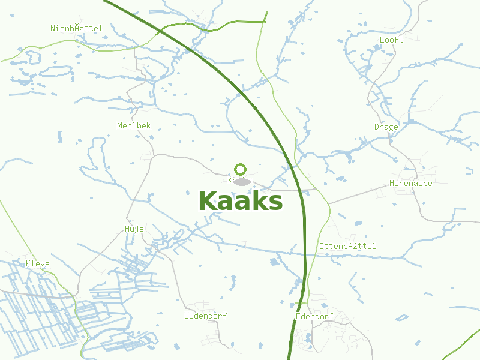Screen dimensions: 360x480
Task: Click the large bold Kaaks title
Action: tap(240, 202)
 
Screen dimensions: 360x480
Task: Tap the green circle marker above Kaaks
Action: tap(240, 169)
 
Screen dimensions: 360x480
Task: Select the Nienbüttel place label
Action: tap(77, 28)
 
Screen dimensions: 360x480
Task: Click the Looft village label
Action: tap(391, 40)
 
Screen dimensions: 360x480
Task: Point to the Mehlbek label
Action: tap(134, 126)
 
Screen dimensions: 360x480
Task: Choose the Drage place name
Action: tap(386, 127)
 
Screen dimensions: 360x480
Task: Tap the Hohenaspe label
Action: tap(410, 184)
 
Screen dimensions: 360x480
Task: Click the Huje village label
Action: tap(134, 229)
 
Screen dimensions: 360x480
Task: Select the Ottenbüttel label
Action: tap(347, 247)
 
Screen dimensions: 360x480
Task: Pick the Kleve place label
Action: tap(37, 264)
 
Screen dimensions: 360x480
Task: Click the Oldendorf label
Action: tap(205, 316)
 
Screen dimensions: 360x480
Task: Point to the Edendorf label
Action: tap(314, 316)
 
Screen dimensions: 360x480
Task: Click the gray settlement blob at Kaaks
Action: tap(241, 182)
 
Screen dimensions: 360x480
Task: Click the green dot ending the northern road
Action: tap(265, 22)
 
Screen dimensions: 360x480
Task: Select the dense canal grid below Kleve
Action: tap(42, 312)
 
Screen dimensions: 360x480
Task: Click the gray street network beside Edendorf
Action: tap(342, 336)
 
